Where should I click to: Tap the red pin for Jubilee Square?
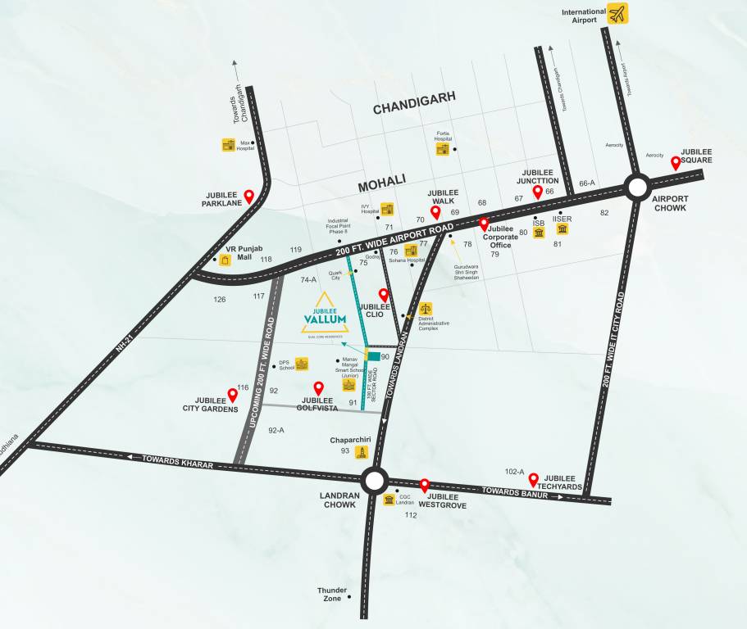[x=676, y=163]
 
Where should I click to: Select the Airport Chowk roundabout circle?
[x=637, y=188]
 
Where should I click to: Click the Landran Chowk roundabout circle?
[x=374, y=480]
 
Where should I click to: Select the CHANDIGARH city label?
[x=413, y=109]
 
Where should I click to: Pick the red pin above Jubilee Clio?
[x=383, y=295]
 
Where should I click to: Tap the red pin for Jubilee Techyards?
[x=533, y=480]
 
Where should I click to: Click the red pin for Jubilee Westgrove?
[x=425, y=486]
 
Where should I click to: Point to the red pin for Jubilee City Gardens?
[x=232, y=395]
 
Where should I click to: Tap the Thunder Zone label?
[x=332, y=594]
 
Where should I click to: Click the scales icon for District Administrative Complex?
[x=425, y=309]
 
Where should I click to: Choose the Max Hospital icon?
[x=229, y=145]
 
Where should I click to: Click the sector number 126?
[x=220, y=300]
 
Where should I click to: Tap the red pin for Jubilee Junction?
[x=538, y=192]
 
